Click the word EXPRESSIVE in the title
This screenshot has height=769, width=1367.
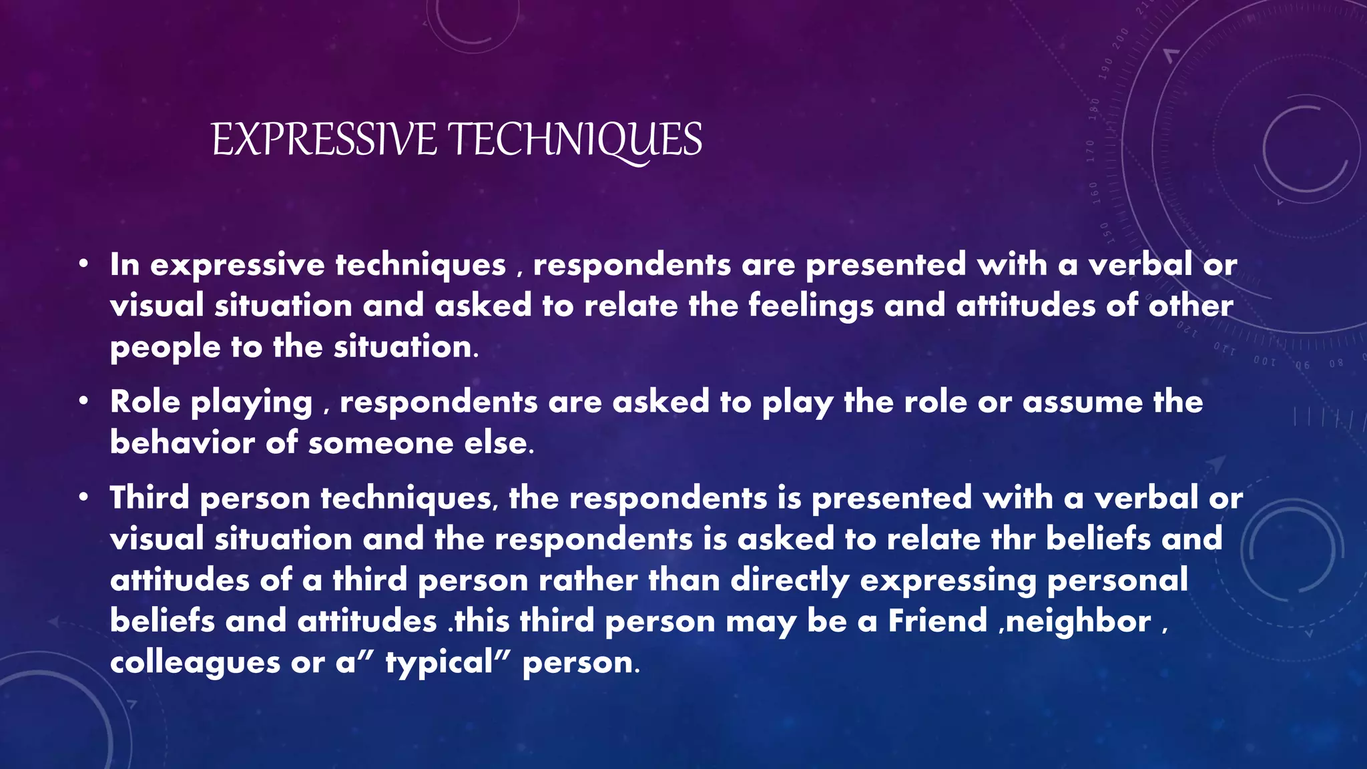click(324, 140)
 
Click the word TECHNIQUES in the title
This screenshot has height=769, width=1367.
click(575, 140)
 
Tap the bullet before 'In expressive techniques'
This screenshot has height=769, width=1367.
click(83, 266)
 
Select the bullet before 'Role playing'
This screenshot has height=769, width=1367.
click(83, 403)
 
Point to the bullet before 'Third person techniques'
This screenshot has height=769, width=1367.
click(83, 499)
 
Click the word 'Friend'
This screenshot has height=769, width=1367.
click(937, 621)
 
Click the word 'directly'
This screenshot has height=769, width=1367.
click(790, 580)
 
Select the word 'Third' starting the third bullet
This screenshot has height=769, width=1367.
click(150, 498)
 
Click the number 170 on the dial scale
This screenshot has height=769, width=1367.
click(1091, 151)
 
